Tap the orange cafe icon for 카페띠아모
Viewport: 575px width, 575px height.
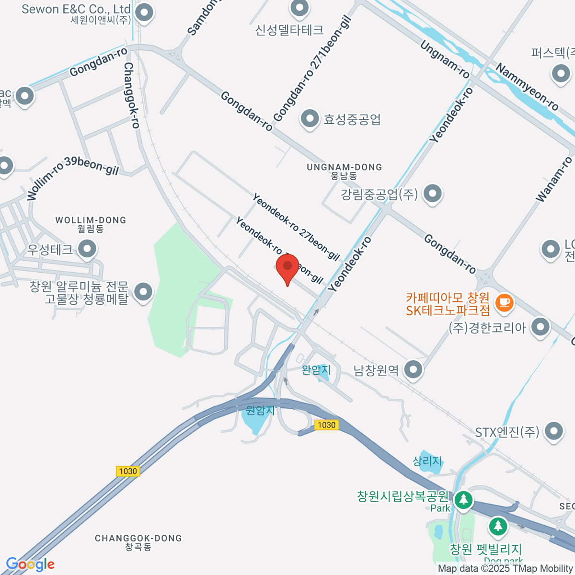point(504,302)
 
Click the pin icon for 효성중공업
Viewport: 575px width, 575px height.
point(310,118)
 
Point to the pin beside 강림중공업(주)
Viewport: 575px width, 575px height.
point(433,194)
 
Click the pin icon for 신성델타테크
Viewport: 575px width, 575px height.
point(300,8)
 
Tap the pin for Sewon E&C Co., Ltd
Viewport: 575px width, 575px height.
point(144,13)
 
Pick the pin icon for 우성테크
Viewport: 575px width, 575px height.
point(87,249)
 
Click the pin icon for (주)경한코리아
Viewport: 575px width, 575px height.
point(541,327)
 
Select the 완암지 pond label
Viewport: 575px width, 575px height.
point(316,370)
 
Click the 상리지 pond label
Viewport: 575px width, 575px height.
point(427,460)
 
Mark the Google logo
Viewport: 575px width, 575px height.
point(30,564)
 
